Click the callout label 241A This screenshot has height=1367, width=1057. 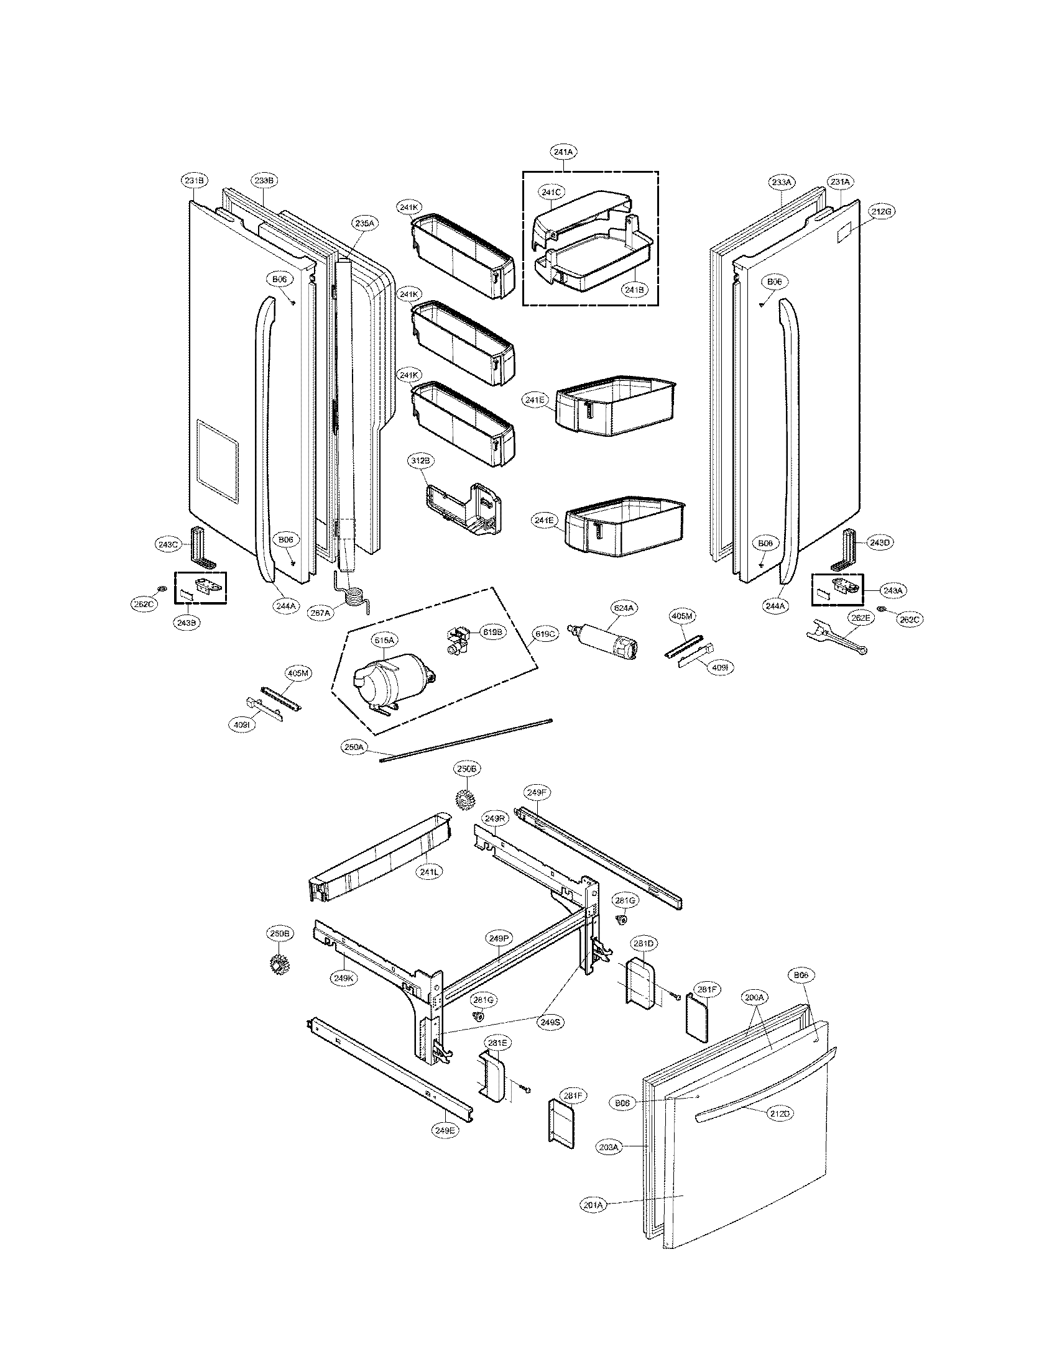[x=563, y=152]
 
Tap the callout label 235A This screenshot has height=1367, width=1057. [x=364, y=222]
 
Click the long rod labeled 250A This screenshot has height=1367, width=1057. [x=466, y=740]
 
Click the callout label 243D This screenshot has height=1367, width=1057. [x=879, y=542]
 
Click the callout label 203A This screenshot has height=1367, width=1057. [x=608, y=1146]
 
